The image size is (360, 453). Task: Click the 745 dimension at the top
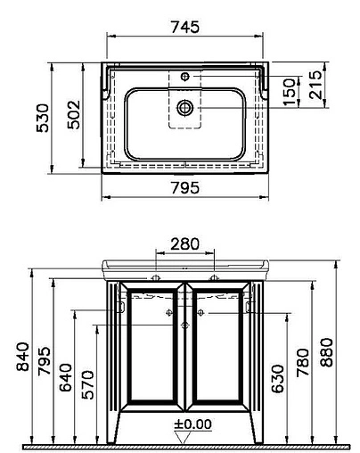coord(185,27)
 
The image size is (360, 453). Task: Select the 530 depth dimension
coord(43,118)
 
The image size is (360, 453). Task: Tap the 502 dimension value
coord(74,114)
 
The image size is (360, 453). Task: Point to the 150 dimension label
coord(290,92)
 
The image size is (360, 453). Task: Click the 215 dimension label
coord(315,85)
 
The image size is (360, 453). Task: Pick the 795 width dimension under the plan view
coord(185,188)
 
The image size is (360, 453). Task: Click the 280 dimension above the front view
coord(184,244)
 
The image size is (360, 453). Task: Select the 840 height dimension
coord(23,357)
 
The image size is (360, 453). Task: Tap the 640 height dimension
coord(66,377)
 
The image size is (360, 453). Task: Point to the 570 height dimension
coord(87,384)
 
